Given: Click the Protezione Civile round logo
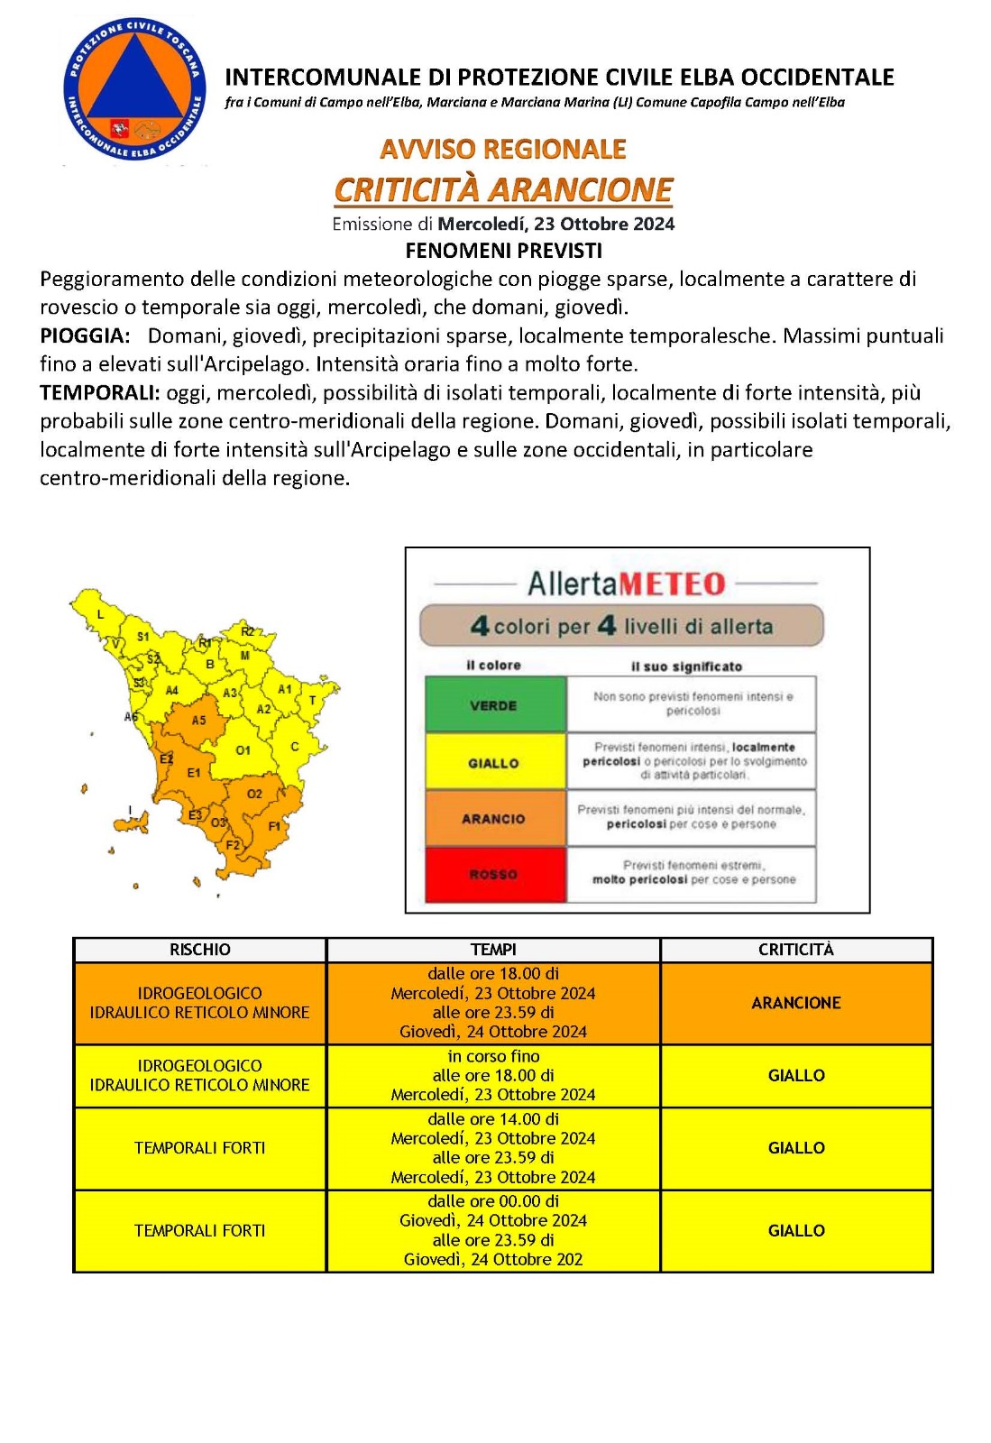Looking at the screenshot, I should click(x=133, y=91).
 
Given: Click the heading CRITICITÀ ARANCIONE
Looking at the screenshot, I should click(x=503, y=189).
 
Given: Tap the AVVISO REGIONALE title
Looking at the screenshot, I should click(x=503, y=149).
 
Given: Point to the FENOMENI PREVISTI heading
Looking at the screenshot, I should click(x=503, y=251).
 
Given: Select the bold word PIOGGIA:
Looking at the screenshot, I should click(x=85, y=336).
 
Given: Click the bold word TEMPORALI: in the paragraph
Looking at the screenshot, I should click(x=99, y=393).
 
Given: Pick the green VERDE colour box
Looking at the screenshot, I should click(x=495, y=704).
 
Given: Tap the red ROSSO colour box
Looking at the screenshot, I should click(x=495, y=874).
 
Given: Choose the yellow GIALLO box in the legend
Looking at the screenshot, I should click(x=495, y=762).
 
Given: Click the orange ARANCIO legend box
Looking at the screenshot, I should click(x=495, y=818).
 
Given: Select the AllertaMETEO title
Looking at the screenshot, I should click(x=626, y=584).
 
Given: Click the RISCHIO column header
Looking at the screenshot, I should click(x=199, y=950).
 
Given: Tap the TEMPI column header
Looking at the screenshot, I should click(x=493, y=950).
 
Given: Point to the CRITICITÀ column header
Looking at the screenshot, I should click(x=795, y=950).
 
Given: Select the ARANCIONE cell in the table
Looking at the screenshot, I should click(x=795, y=1003).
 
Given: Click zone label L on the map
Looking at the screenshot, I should click(x=100, y=614).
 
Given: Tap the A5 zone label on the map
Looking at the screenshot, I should click(x=198, y=720).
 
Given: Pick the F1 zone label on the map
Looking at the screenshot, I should click(x=274, y=825).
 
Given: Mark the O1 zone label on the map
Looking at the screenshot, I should click(x=243, y=750).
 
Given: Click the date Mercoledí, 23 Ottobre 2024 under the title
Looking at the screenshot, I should click(x=555, y=224).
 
